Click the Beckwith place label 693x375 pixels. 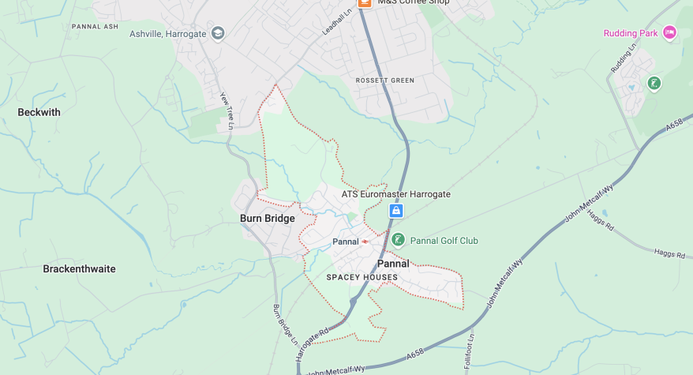(39, 112)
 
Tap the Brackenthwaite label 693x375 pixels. (79, 269)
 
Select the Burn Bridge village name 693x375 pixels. (268, 219)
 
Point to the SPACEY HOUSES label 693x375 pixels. (362, 278)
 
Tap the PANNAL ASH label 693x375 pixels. (95, 26)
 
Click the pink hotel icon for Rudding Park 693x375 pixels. (669, 32)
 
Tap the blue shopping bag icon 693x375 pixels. (396, 211)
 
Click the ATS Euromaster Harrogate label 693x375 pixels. (395, 194)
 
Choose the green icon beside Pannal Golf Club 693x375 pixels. (399, 240)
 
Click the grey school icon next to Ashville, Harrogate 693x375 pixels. (218, 33)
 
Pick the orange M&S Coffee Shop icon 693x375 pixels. (364, 3)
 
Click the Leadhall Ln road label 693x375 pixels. (335, 20)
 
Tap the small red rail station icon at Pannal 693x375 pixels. (365, 241)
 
